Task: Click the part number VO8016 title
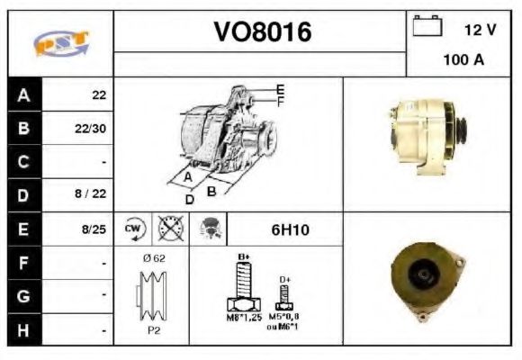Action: (262, 33)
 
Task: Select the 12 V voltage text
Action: (480, 30)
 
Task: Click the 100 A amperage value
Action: (463, 61)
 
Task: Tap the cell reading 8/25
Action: (93, 229)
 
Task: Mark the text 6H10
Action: (290, 229)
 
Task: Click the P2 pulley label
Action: (152, 329)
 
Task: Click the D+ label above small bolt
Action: (285, 280)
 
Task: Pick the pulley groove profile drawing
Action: (152, 295)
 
